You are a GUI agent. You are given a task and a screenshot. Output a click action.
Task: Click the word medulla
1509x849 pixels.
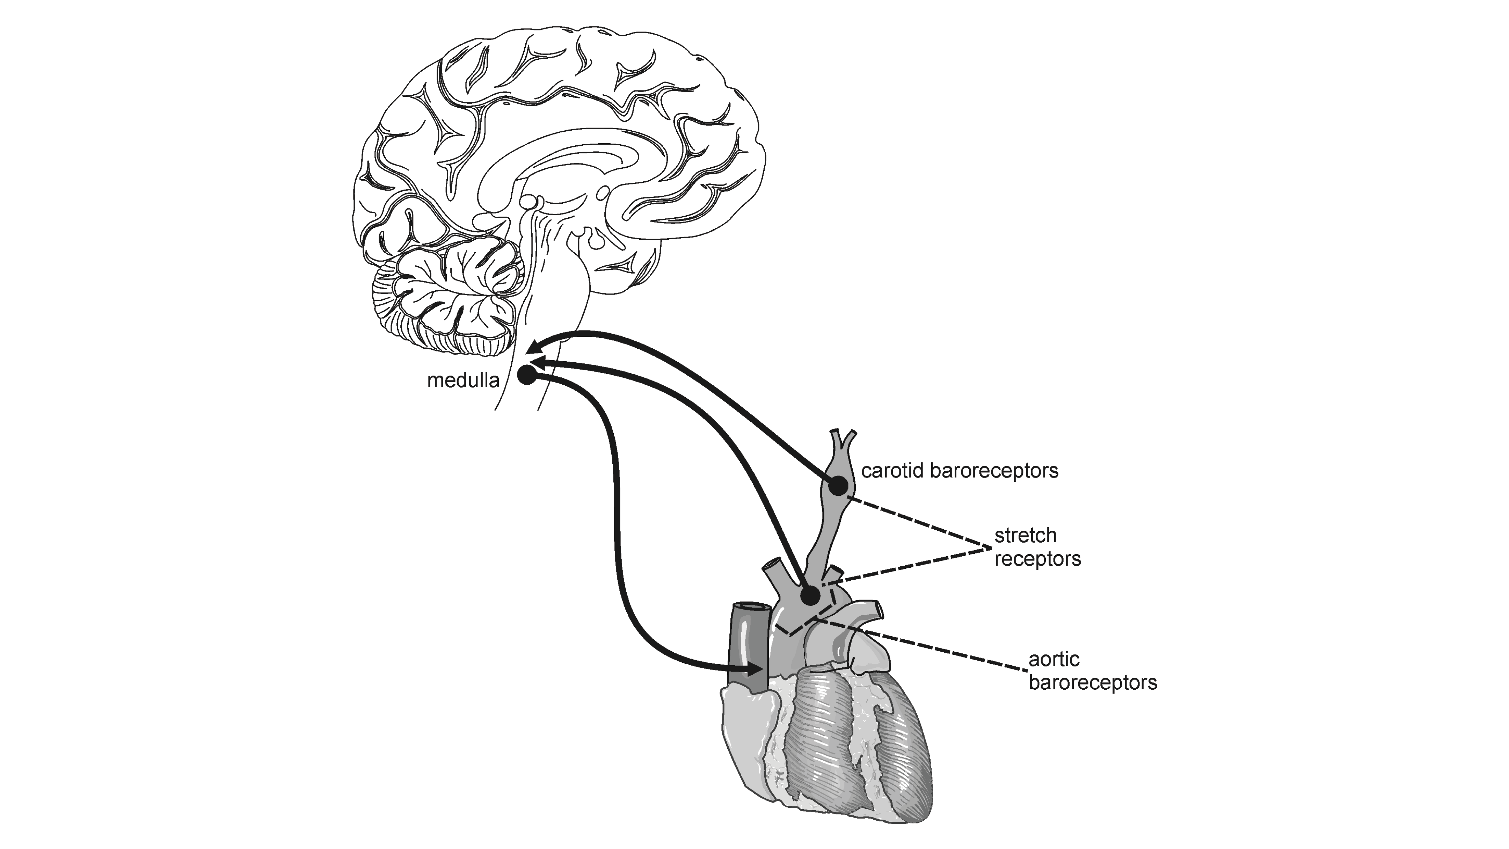pyautogui.click(x=463, y=381)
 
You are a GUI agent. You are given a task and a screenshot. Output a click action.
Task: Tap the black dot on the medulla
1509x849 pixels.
pyautogui.click(x=527, y=376)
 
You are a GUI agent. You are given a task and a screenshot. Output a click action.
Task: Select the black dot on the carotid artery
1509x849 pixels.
pyautogui.click(x=838, y=485)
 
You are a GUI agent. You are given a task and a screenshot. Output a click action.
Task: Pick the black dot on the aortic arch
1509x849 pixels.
pyautogui.click(x=810, y=596)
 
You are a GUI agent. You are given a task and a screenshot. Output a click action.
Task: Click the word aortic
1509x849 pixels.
pyautogui.click(x=1055, y=659)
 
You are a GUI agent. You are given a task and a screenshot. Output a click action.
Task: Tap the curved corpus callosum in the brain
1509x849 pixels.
pyautogui.click(x=574, y=152)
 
